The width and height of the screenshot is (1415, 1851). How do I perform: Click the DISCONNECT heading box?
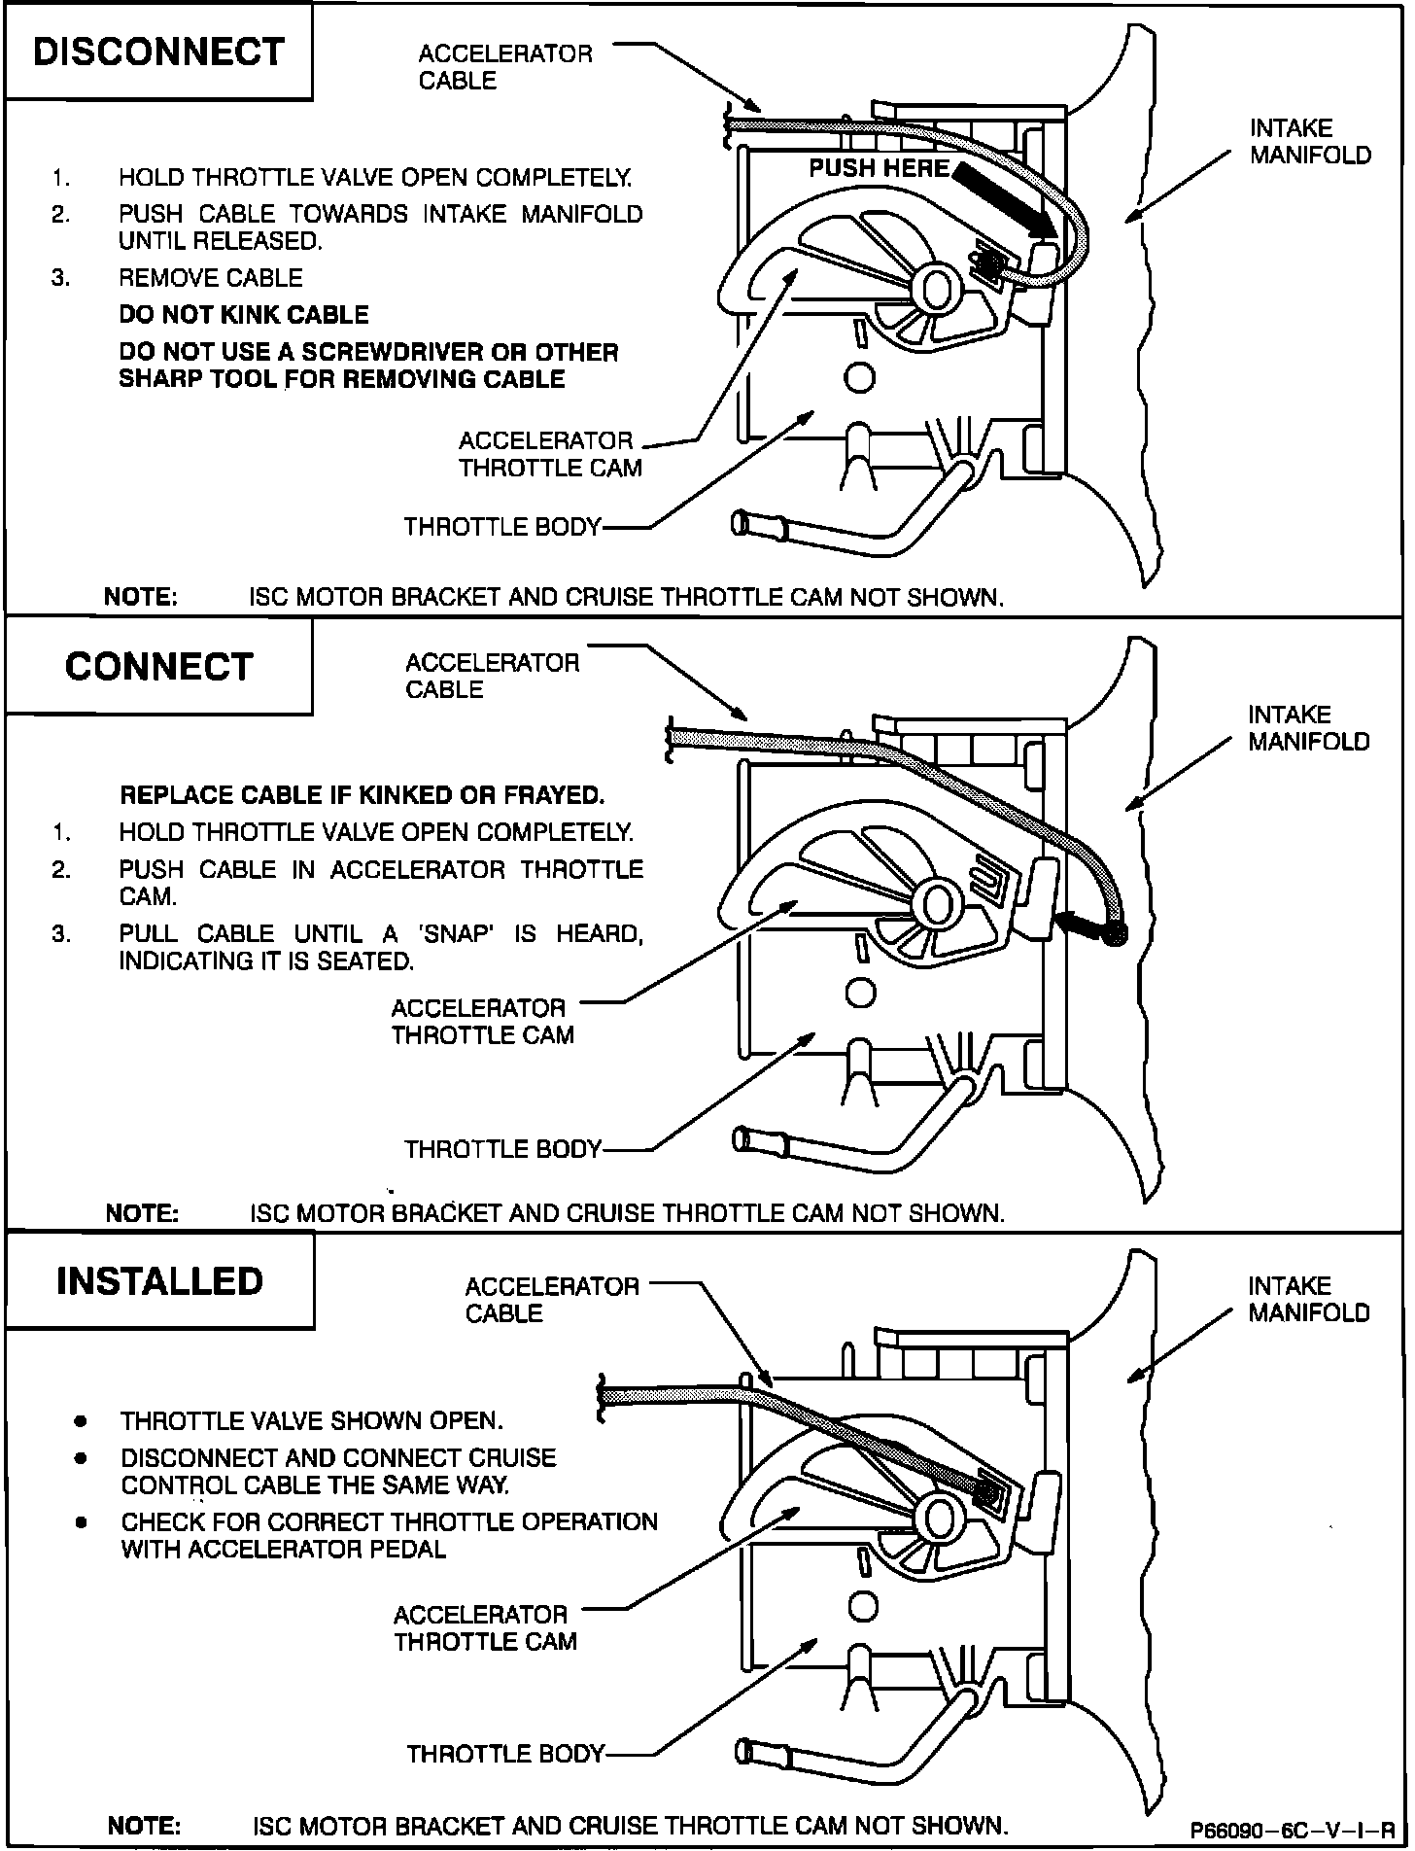(158, 52)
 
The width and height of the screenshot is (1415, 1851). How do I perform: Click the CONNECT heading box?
(158, 667)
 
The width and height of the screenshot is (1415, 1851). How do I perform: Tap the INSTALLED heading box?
(159, 1281)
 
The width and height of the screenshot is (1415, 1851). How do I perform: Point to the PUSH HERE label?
(879, 168)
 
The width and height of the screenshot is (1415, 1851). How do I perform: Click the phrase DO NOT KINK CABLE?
(243, 315)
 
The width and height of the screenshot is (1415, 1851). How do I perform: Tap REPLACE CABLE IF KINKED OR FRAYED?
(362, 795)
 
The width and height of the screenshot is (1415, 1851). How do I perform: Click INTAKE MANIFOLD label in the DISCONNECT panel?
(1309, 142)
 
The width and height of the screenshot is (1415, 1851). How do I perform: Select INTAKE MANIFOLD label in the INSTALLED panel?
(1308, 1300)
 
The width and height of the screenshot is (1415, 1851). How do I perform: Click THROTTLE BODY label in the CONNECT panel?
(502, 1149)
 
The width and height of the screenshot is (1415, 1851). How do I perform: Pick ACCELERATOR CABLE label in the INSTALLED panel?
(551, 1300)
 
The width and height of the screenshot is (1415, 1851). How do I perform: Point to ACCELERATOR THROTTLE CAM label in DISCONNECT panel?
(550, 454)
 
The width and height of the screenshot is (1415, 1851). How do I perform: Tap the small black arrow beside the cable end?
(1078, 924)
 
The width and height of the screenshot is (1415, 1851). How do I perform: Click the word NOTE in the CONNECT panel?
(141, 1213)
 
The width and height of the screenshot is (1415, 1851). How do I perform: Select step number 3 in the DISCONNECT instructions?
(61, 278)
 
